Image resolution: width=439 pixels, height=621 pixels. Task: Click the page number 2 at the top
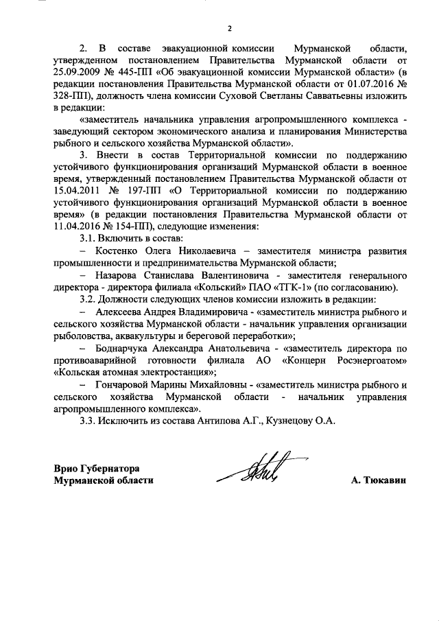[230, 29]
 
